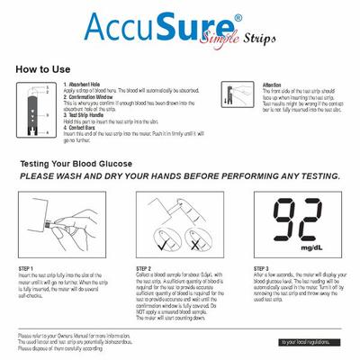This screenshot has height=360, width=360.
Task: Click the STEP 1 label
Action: click(26, 268)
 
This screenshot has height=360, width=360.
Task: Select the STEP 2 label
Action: click(144, 268)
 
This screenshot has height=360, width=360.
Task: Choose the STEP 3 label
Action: click(262, 268)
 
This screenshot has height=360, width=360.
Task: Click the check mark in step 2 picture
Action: click(164, 243)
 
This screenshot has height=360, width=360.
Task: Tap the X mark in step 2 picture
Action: click(193, 243)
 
